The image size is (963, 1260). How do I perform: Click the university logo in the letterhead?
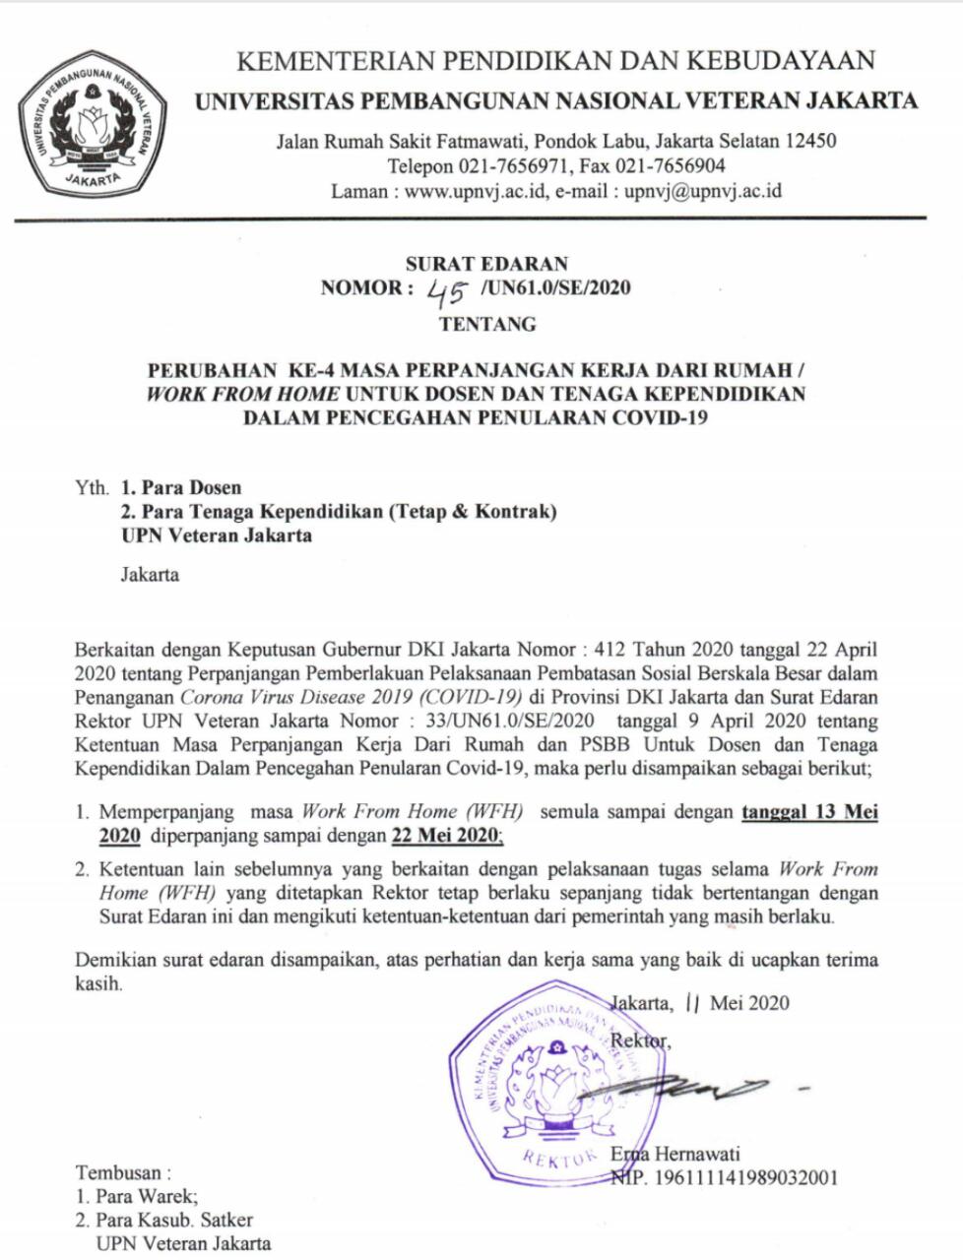(92, 125)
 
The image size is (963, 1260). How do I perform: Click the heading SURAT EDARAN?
(486, 264)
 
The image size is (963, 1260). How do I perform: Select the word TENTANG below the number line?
(487, 324)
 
